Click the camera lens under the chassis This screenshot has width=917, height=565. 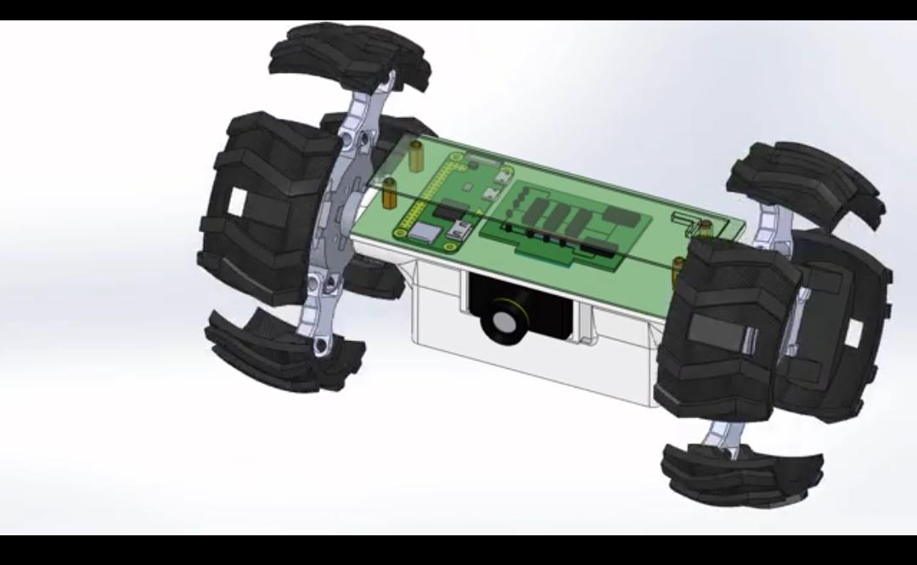(504, 322)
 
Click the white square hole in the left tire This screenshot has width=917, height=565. (237, 201)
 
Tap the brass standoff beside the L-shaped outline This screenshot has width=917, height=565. (704, 227)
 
